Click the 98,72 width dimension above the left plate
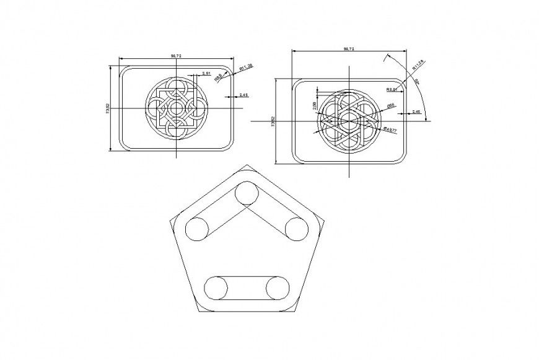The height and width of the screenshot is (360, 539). coord(176,56)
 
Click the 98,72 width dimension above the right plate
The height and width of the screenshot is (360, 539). coord(349,48)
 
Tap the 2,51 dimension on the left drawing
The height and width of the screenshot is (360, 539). coord(205,73)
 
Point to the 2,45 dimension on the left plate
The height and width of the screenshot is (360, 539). coord(243,95)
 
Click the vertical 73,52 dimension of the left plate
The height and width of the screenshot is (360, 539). coord(108,108)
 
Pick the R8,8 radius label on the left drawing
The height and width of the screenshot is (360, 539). coord(219,78)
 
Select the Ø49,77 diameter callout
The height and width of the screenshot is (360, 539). coord(390,129)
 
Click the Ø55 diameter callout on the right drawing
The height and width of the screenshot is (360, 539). coord(392,106)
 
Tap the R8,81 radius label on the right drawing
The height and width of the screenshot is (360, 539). coord(391,90)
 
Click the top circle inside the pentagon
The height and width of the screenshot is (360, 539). coord(246,195)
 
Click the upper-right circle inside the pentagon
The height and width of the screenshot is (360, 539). coord(297,229)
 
